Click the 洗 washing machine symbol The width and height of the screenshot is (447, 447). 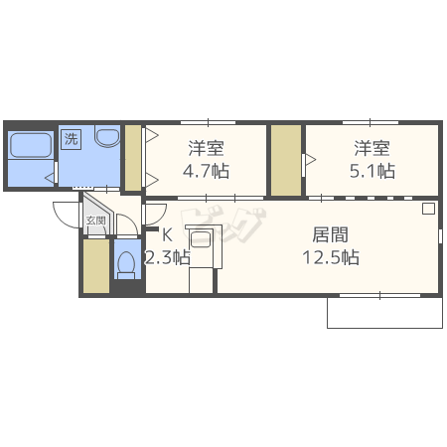click(71, 139)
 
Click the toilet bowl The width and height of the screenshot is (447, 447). click(126, 264)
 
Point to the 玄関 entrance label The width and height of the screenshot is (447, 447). click(95, 222)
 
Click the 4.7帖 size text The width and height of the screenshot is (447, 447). click(207, 171)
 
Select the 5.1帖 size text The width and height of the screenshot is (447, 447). click(372, 171)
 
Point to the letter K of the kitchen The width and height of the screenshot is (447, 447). click(167, 236)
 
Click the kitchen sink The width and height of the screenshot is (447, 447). click(202, 240)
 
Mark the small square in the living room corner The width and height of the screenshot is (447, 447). click(428, 209)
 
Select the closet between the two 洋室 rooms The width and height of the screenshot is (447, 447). click(286, 160)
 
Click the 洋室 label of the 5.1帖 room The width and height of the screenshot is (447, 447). click(372, 149)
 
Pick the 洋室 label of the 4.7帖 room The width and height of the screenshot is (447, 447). click(207, 149)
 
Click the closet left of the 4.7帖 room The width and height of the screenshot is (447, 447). click(132, 158)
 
